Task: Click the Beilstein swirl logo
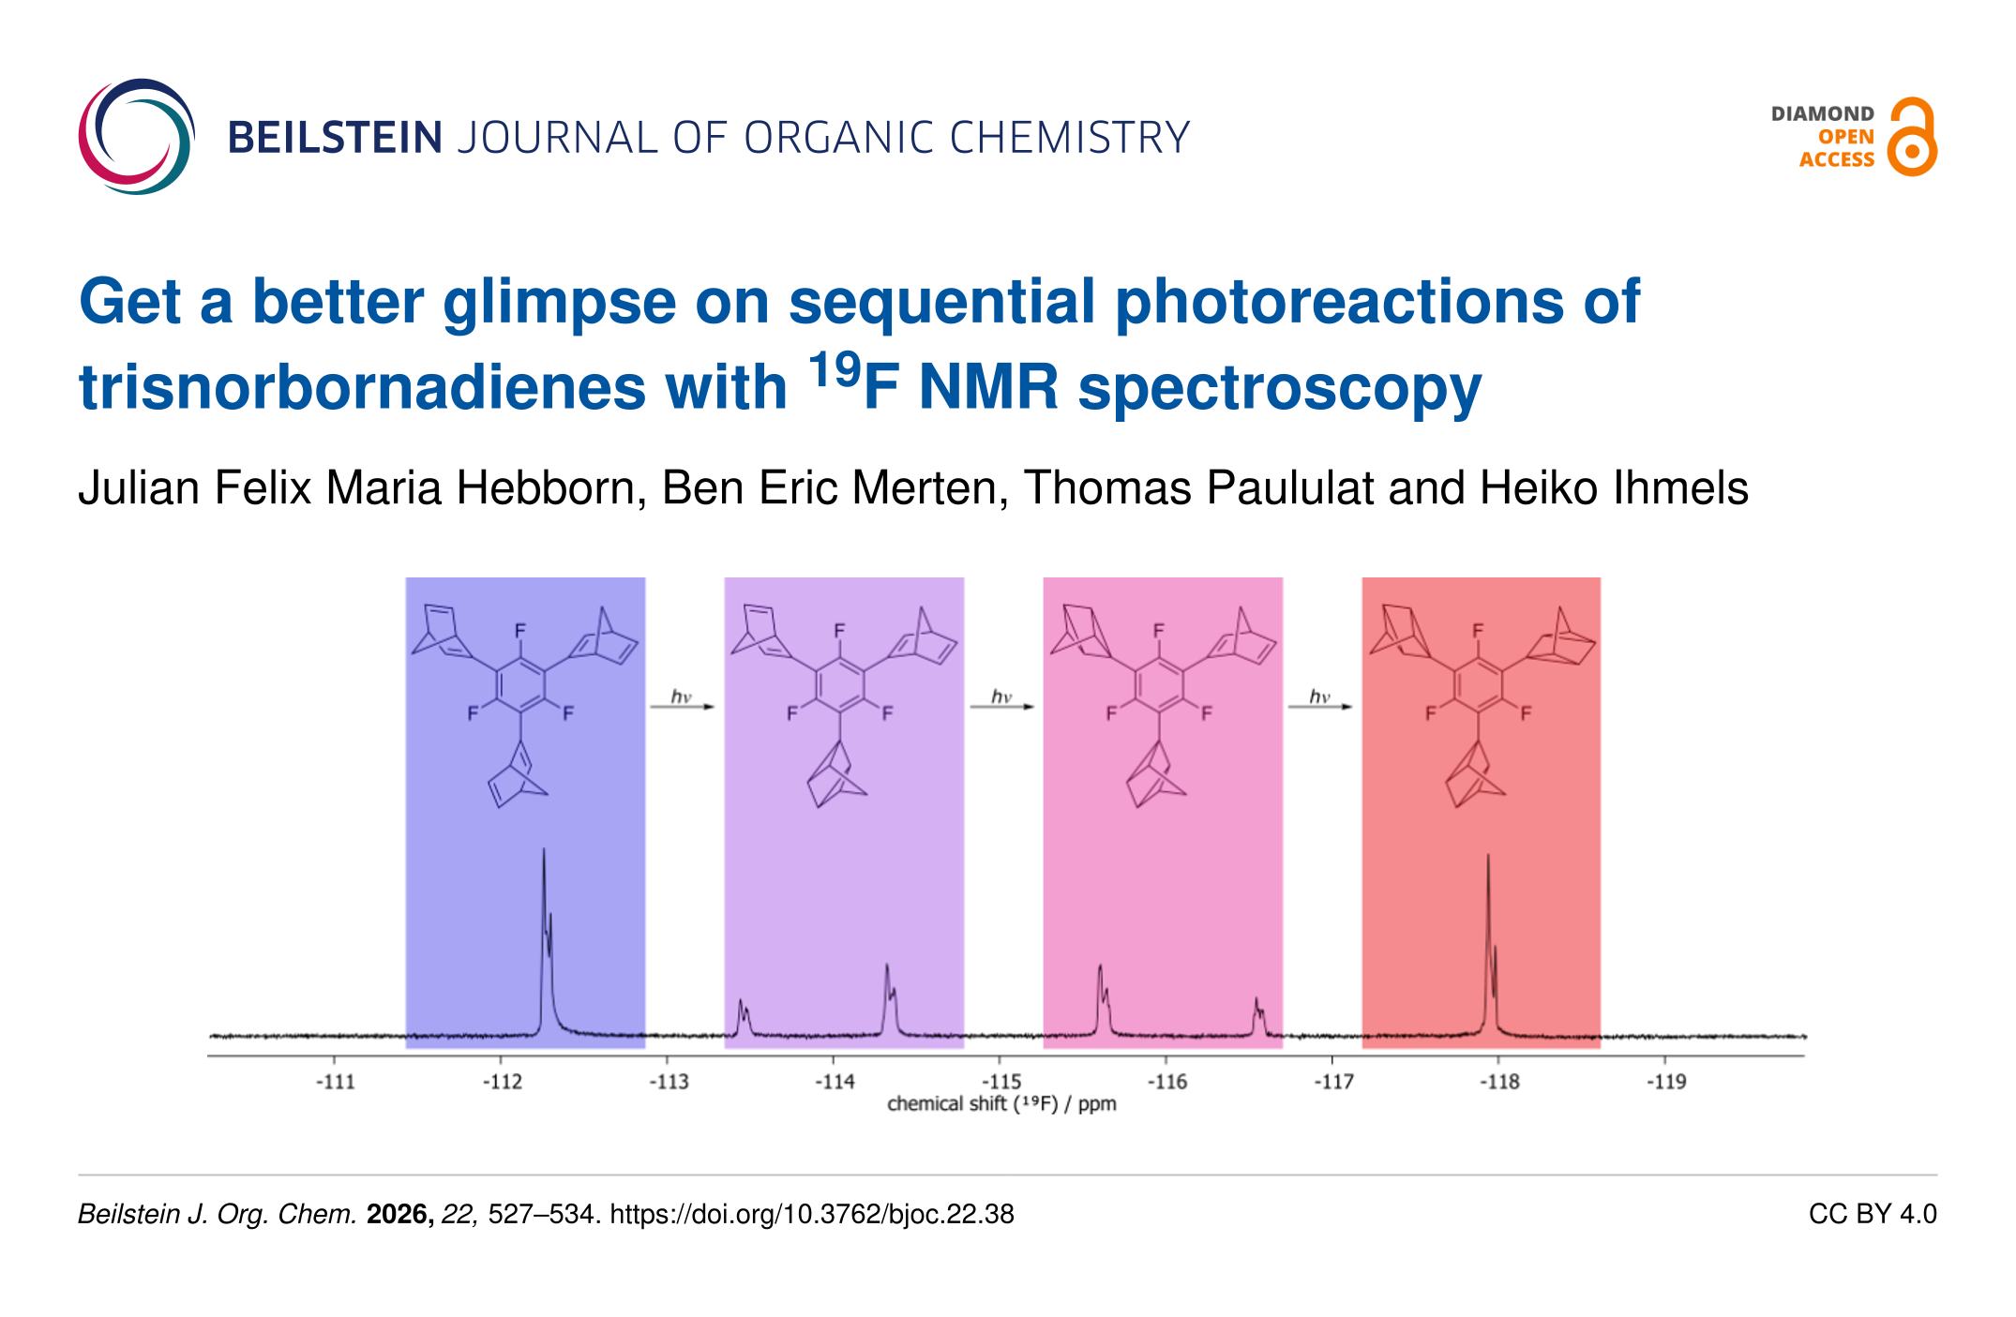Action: [x=137, y=137]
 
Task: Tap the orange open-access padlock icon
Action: [x=1912, y=138]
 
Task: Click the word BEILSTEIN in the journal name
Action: [x=335, y=138]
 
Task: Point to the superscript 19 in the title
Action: [x=834, y=370]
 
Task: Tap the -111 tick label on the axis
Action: [x=336, y=1082]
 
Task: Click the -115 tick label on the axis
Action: [x=1001, y=1082]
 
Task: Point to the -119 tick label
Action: [x=1666, y=1082]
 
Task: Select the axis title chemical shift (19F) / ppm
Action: [x=1001, y=1104]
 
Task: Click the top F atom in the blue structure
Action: [x=520, y=631]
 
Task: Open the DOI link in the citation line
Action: [x=812, y=1215]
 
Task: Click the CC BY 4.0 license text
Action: [x=1872, y=1215]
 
